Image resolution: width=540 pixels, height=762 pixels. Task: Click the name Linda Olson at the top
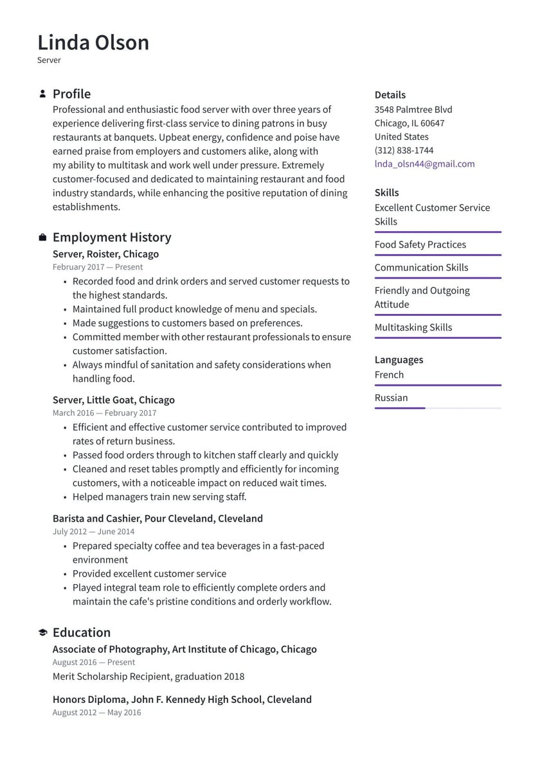click(93, 42)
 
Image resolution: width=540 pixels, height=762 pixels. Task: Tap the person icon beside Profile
click(42, 94)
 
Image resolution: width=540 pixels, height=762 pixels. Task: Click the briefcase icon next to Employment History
click(42, 238)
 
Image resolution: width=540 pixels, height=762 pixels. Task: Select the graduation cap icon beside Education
click(42, 632)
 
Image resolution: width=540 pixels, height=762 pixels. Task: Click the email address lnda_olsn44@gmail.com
click(424, 164)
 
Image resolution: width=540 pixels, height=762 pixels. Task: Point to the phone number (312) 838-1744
click(404, 150)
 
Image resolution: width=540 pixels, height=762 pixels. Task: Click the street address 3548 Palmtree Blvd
click(413, 109)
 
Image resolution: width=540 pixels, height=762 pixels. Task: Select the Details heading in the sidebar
click(390, 94)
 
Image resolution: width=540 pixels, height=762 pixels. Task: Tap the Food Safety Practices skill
click(420, 245)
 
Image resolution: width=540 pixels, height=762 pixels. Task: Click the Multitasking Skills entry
click(413, 327)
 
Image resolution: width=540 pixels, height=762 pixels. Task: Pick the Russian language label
click(391, 398)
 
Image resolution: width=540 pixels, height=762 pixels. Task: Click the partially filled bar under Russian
click(400, 408)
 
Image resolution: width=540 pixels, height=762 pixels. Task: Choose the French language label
click(389, 375)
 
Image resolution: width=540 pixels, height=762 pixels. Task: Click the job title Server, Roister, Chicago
click(105, 254)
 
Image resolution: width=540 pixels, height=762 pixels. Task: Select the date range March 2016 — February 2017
click(104, 413)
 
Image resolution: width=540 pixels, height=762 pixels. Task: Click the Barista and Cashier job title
click(157, 519)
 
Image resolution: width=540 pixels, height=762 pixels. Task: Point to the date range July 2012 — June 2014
click(93, 532)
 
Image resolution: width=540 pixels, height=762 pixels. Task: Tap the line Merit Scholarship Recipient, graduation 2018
click(148, 677)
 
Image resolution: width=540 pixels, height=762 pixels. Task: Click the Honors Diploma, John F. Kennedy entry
click(182, 700)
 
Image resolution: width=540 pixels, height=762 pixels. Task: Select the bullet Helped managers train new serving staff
click(159, 497)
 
